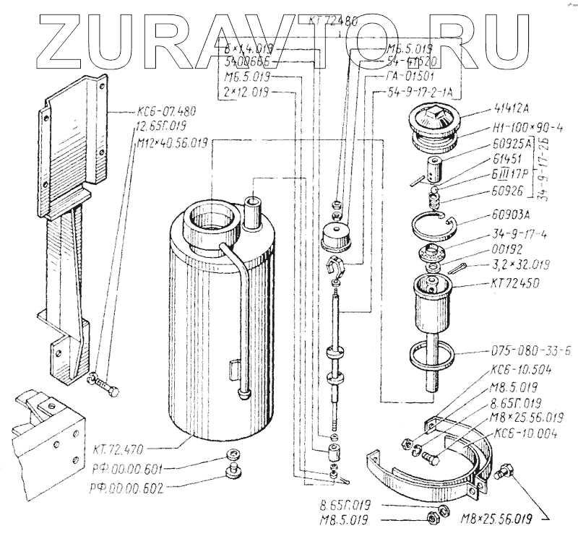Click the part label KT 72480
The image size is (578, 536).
click(x=332, y=21)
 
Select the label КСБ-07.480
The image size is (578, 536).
click(x=165, y=113)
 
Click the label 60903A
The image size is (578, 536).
click(x=496, y=215)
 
